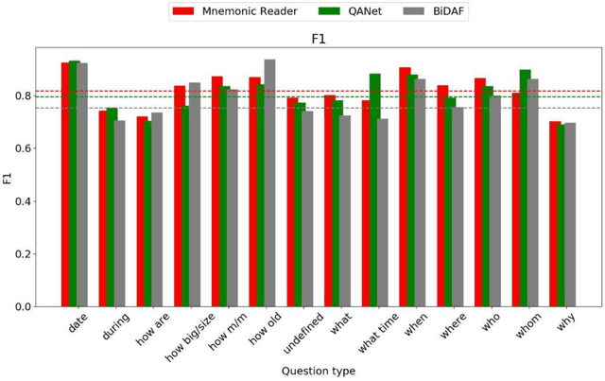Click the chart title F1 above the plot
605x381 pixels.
[319, 39]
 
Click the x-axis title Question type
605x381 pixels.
[319, 372]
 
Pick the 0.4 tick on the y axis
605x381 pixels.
[20, 201]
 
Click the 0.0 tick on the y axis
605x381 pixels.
[20, 307]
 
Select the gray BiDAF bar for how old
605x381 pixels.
[269, 183]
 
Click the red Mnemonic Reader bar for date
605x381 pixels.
[66, 184]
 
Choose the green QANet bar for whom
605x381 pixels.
[525, 188]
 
